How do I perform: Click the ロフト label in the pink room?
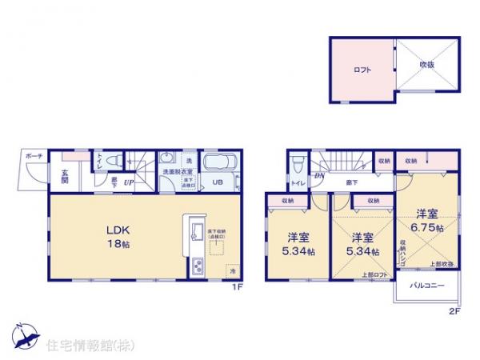pos(362,70)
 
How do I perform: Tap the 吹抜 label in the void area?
pos(428,65)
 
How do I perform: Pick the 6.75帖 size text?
pos(429,227)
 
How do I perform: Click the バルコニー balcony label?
pos(424,286)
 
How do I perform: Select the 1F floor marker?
pos(237,287)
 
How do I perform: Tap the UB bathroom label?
pos(217,181)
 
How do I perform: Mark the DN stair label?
pos(318,175)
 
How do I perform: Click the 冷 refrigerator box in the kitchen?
pos(232,270)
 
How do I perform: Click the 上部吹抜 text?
pos(442,264)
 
